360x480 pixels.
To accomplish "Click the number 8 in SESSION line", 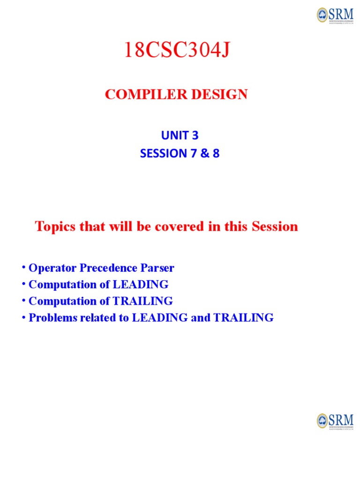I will click(216, 153).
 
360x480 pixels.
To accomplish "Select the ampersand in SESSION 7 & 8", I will click(203, 153).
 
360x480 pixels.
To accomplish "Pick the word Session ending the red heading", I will click(275, 227).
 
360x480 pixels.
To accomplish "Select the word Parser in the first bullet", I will click(157, 269).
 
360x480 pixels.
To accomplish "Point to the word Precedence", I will click(106, 269).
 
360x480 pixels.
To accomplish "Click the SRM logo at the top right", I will click(335, 15).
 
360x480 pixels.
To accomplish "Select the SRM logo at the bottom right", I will click(335, 420).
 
